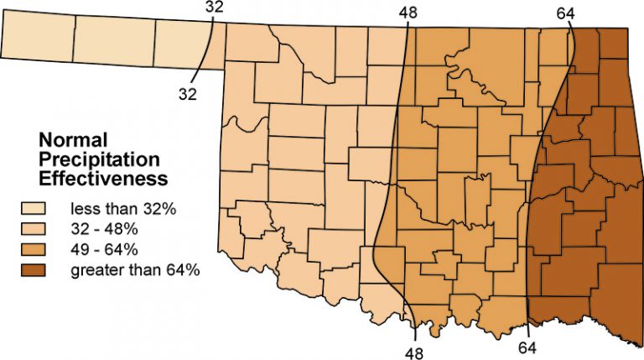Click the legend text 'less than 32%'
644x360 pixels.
point(123,208)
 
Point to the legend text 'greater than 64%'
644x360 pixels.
point(135,269)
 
